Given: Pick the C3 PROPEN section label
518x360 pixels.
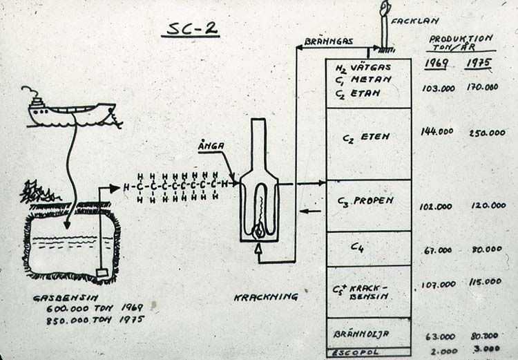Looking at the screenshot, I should [x=365, y=201].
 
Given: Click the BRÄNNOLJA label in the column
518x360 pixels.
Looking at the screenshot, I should [x=362, y=333].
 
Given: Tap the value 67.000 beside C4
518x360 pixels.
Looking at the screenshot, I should [x=438, y=249].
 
